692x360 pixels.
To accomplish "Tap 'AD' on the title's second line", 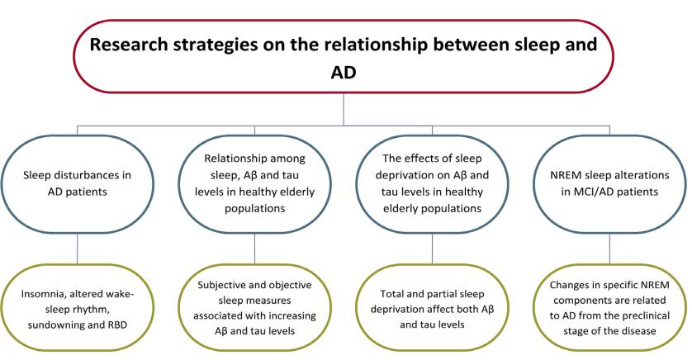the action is (x=344, y=73).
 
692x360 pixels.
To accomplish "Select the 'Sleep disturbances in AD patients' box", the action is (x=78, y=183).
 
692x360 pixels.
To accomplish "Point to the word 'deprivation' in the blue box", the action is (x=413, y=175).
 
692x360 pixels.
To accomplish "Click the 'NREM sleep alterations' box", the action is (x=609, y=183).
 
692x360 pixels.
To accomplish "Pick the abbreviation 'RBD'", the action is (x=116, y=325).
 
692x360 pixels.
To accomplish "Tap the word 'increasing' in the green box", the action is (x=294, y=316).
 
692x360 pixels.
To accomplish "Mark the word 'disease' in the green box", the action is (x=639, y=331).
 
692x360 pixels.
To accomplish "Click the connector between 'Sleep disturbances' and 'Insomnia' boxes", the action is (x=78, y=249).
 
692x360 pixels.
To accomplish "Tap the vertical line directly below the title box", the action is (x=344, y=109).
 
